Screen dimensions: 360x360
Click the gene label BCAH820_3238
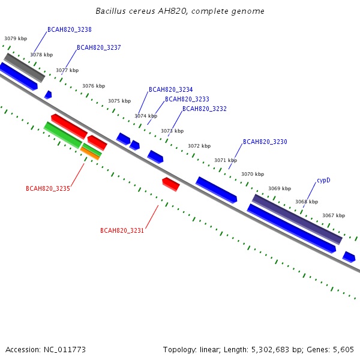[70, 29]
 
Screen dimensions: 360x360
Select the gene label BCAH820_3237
[99, 47]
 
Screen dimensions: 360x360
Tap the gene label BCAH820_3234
[171, 89]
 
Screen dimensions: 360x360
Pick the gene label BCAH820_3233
[187, 99]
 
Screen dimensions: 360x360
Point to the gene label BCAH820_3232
[205, 109]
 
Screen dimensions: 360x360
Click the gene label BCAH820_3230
[265, 142]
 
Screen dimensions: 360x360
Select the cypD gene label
[323, 180]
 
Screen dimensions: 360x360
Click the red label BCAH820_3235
[48, 188]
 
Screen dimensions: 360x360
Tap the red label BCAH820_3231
[122, 230]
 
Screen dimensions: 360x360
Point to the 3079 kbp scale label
[16, 38]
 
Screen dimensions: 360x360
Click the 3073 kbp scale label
[172, 131]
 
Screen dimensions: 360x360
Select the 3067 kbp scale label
[334, 215]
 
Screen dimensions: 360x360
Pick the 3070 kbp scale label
[253, 174]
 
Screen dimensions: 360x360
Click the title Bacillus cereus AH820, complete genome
[180, 11]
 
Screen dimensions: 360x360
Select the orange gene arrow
[90, 153]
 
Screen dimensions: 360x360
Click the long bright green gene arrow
[62, 135]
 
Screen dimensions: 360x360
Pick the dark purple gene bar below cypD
[297, 219]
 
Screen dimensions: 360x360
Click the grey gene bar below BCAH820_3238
[25, 67]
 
